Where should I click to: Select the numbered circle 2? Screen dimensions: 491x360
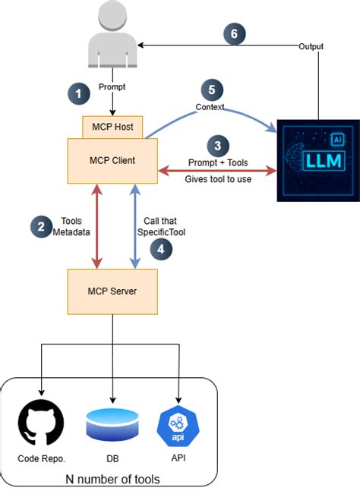(40, 225)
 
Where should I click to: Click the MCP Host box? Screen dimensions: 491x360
(112, 127)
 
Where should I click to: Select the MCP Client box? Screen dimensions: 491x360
(112, 160)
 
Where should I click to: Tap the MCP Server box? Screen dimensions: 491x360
(112, 291)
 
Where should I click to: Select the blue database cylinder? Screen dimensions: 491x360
(112, 424)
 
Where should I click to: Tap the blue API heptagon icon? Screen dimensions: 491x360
(178, 424)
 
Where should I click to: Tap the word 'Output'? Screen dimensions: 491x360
(310, 47)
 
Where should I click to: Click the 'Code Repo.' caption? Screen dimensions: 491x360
(41, 458)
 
